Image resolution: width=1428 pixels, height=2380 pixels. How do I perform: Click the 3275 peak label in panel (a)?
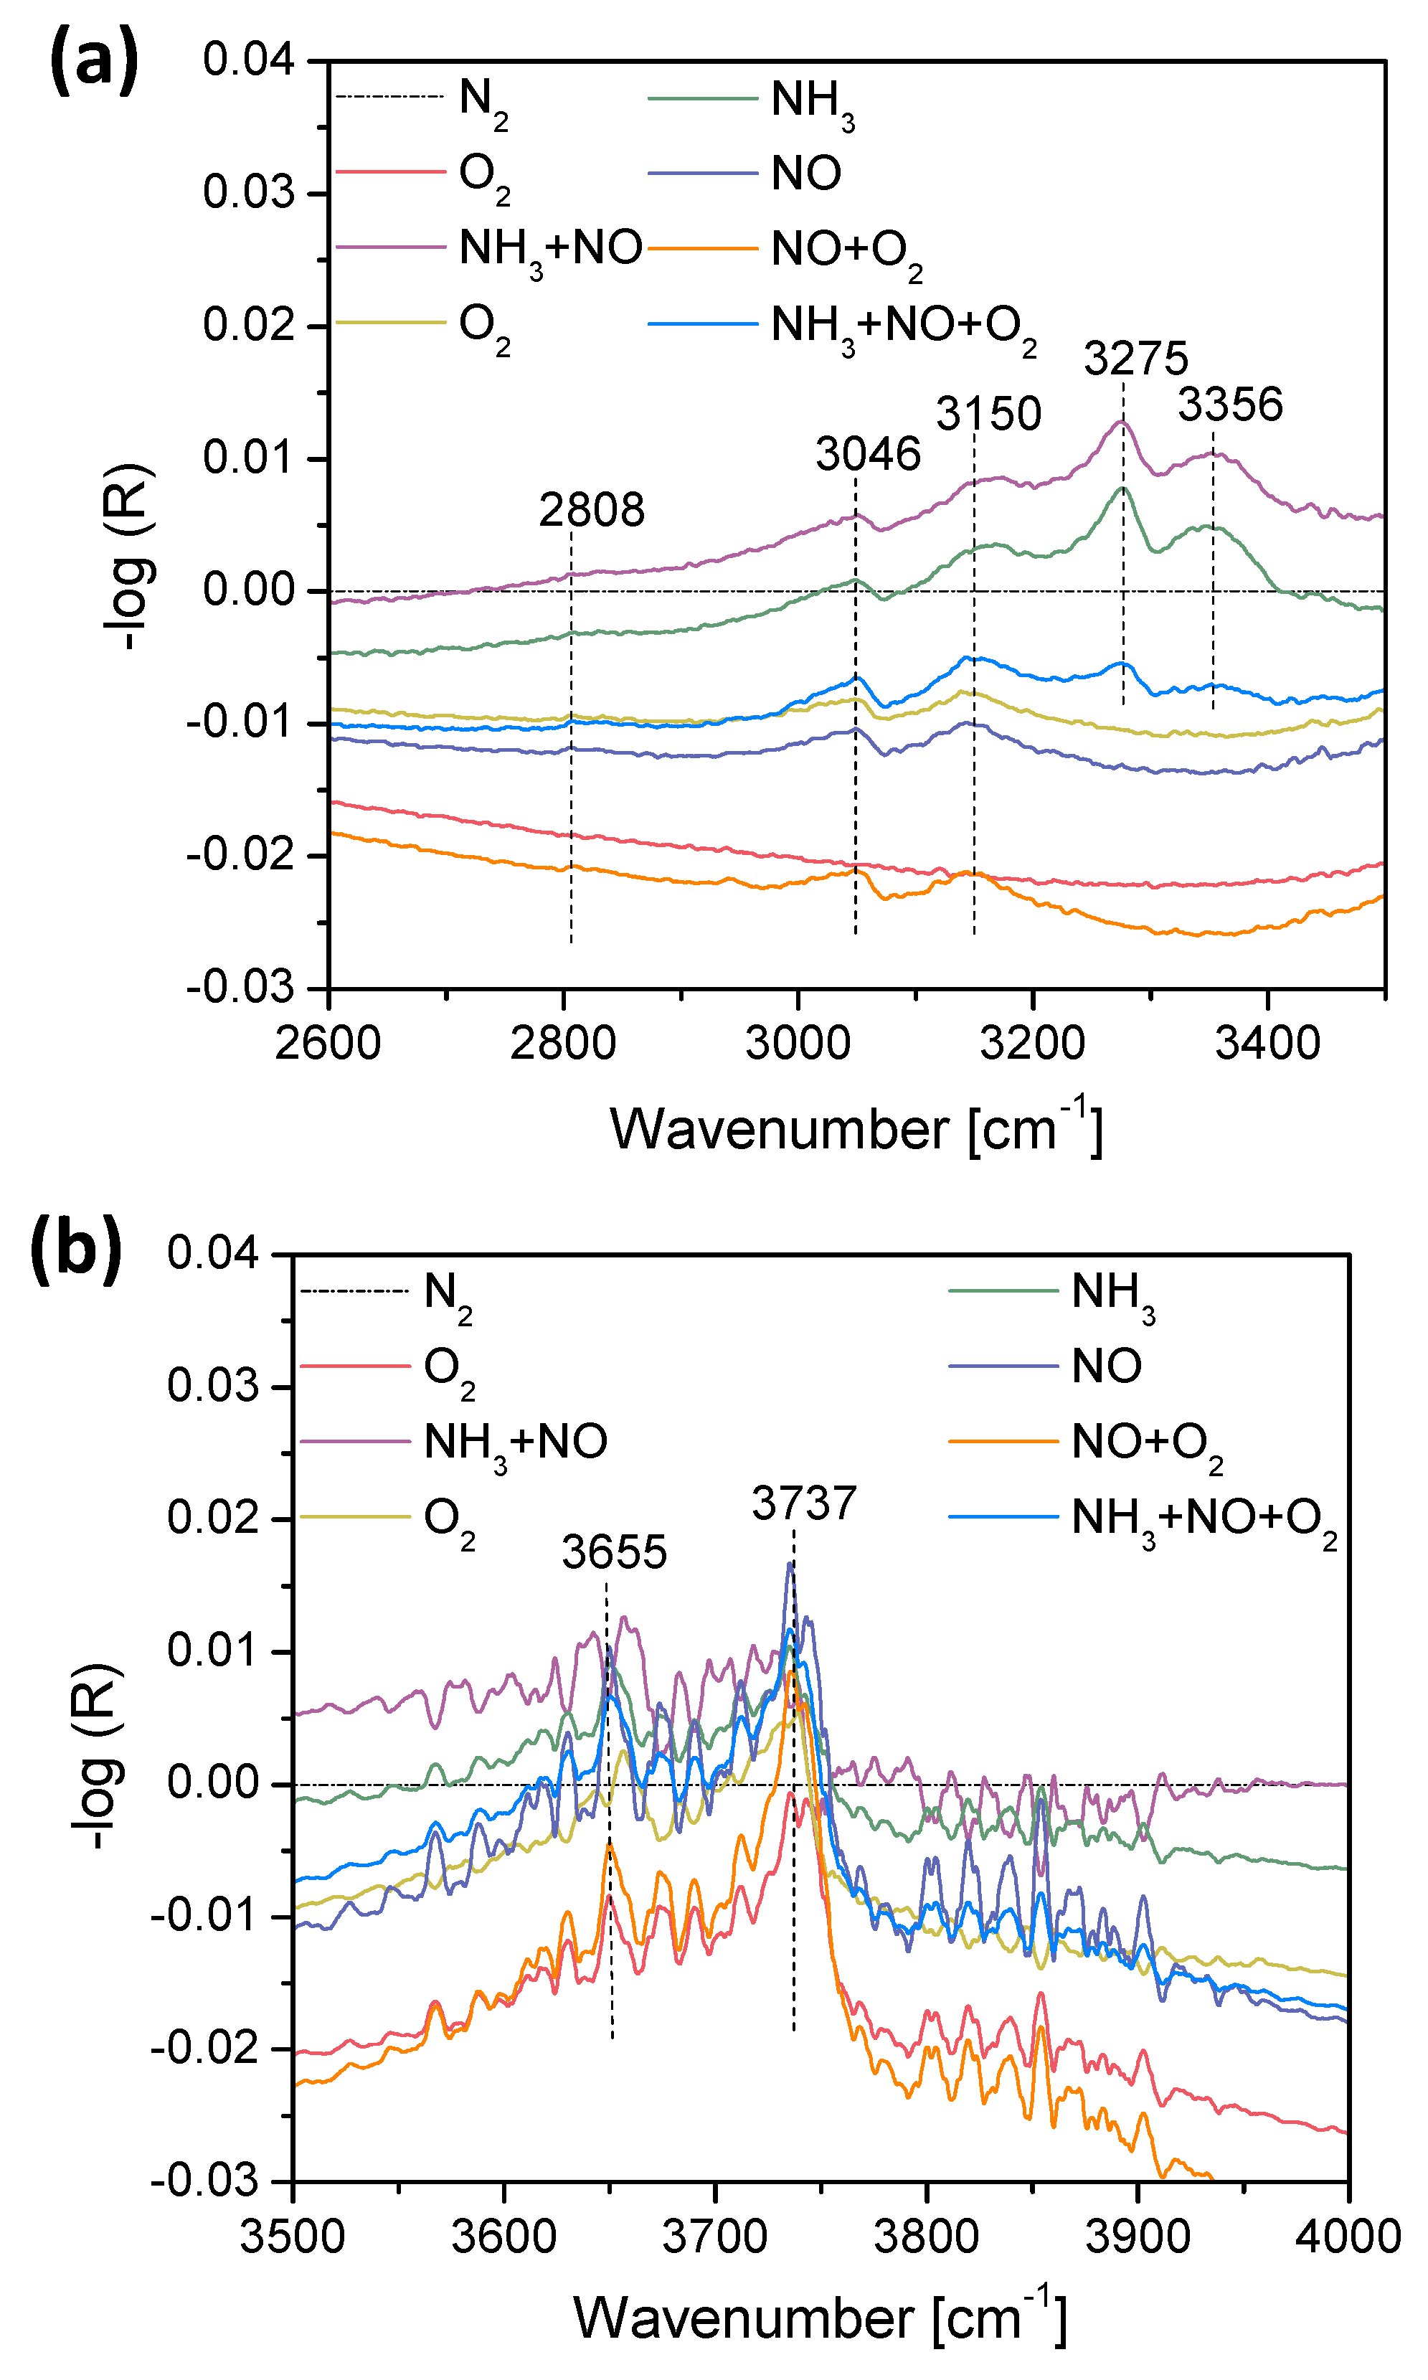pyautogui.click(x=1136, y=359)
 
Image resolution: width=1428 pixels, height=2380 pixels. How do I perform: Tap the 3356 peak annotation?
pyautogui.click(x=1230, y=405)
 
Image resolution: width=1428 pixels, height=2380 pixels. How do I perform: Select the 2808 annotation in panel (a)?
pyautogui.click(x=591, y=510)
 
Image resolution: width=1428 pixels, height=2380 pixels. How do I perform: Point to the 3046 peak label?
pyautogui.click(x=868, y=453)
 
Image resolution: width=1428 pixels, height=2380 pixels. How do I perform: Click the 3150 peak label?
pyautogui.click(x=988, y=414)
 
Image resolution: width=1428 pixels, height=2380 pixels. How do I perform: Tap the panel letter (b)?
pyautogui.click(x=76, y=1250)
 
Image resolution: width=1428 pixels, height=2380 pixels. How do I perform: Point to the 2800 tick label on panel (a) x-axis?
pyautogui.click(x=563, y=1043)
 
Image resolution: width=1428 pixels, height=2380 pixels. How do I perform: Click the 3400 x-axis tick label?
pyautogui.click(x=1267, y=1043)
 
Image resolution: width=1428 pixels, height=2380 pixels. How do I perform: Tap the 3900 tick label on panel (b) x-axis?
pyautogui.click(x=1138, y=2237)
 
